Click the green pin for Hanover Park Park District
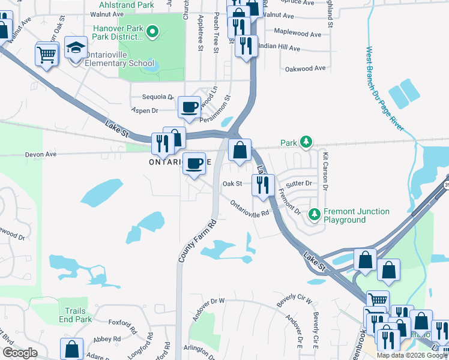point(153,32)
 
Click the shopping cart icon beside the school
point(47,55)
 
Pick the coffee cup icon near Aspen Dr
point(190,108)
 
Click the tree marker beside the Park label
point(307,143)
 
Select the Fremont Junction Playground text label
point(357,215)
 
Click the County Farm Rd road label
point(197,241)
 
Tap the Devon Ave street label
point(40,154)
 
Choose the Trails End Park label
point(76,315)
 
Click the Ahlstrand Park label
point(122,4)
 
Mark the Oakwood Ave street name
point(306,68)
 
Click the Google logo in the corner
point(20,353)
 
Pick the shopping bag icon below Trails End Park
point(72,350)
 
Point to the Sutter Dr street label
point(300,183)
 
